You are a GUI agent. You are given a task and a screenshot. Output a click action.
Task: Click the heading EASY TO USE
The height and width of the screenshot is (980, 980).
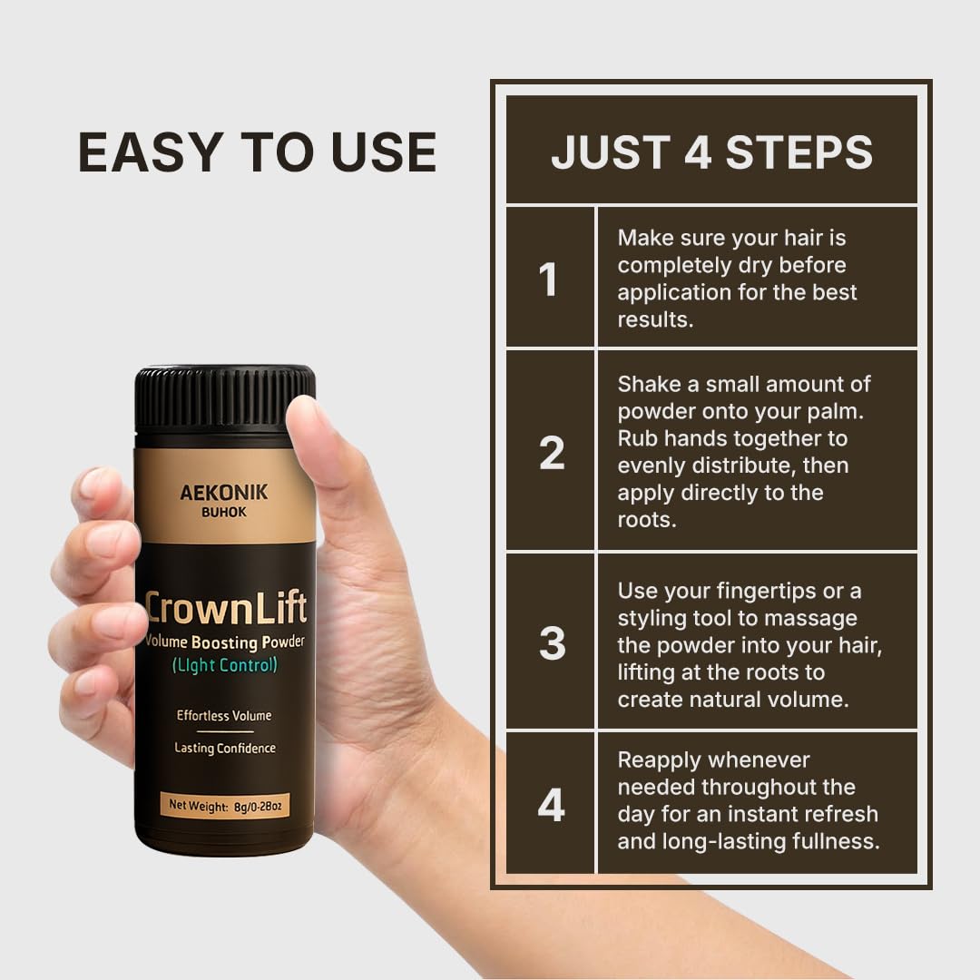coord(257,152)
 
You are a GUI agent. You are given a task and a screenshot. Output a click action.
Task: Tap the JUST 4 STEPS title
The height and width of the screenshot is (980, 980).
coord(712,152)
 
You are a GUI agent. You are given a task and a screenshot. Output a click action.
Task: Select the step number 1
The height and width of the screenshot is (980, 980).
coord(548,279)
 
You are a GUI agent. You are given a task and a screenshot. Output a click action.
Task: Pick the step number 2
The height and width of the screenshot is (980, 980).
coord(552,452)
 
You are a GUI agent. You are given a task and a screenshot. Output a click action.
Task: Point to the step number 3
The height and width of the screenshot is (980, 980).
coord(552,642)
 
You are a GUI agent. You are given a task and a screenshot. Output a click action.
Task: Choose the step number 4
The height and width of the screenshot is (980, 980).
coord(552,804)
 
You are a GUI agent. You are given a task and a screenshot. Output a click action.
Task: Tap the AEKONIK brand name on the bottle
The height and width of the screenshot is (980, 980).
coord(224,493)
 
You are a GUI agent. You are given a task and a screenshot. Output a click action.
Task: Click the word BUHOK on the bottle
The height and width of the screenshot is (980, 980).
coord(224,513)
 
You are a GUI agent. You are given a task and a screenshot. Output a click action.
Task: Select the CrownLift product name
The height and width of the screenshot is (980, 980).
coord(226,608)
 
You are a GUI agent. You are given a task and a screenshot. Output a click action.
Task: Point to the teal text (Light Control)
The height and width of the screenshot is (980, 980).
coord(224,665)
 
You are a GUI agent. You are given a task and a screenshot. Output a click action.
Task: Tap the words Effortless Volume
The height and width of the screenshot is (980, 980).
coord(224,716)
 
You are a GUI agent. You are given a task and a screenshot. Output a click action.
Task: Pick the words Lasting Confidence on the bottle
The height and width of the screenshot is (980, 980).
coord(224,748)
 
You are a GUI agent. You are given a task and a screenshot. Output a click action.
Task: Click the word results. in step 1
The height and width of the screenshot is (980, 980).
coord(655,319)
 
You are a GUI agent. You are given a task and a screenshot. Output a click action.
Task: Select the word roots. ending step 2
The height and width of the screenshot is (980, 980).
coord(647,519)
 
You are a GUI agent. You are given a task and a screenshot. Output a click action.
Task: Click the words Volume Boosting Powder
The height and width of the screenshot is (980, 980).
coord(225,642)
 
